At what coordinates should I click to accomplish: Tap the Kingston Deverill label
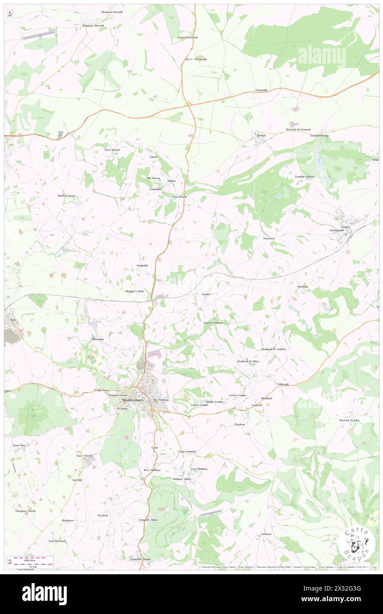point(93,26)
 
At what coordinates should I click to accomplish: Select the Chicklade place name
point(261,90)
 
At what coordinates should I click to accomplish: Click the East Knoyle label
point(180,197)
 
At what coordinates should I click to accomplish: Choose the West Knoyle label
point(112,150)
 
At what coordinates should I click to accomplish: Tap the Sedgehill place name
point(142,265)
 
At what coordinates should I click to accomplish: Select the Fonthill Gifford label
point(305,177)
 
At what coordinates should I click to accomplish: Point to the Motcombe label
point(98,339)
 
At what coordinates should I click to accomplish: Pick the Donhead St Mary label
point(248,361)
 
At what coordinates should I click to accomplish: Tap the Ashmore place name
point(266,534)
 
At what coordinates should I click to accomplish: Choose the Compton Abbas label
point(148,519)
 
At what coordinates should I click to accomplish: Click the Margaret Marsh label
point(25,511)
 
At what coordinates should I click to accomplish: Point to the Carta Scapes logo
point(358,543)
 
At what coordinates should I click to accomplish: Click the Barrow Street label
point(67,195)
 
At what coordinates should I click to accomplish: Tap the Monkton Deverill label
point(111,12)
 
